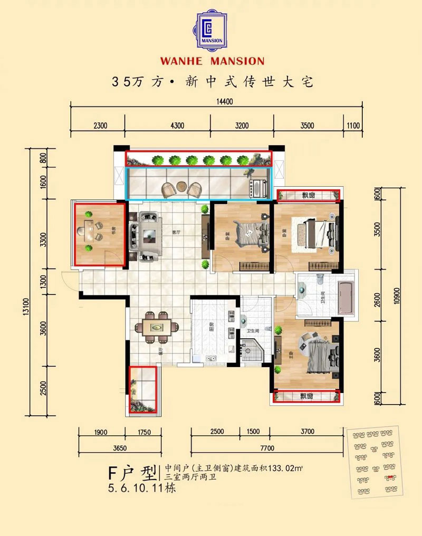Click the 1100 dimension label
tap(353, 126)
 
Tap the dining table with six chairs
tap(157, 328)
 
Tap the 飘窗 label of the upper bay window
tap(308, 196)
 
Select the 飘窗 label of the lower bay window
tap(306, 396)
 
